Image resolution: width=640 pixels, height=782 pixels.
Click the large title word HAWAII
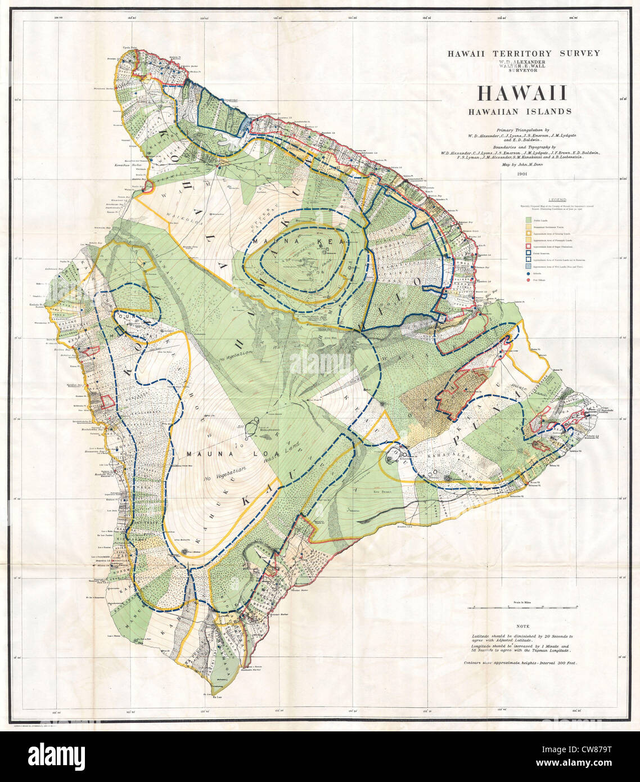[523, 93]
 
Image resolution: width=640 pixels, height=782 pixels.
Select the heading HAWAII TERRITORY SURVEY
[523, 53]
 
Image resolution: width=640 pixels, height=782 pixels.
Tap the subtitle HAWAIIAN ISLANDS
[523, 111]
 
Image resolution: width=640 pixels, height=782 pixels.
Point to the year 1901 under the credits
[523, 174]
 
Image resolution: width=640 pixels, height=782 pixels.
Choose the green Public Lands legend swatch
[528, 221]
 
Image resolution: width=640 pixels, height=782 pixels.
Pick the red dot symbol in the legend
[528, 279]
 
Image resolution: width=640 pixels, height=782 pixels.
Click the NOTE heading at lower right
[522, 626]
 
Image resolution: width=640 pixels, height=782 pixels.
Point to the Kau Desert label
[382, 491]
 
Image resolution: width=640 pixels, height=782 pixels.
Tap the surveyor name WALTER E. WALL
[523, 66]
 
